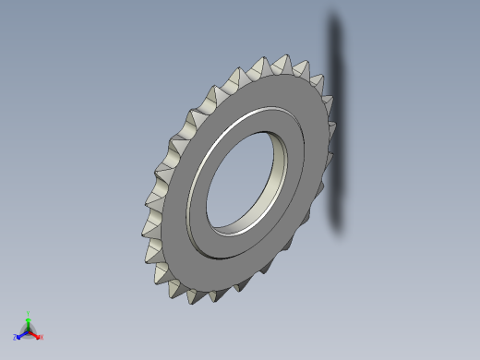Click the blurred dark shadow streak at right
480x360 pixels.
(336, 120)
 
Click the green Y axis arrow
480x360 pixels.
(28, 320)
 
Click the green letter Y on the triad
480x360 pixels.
(29, 314)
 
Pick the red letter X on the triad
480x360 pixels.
(41, 337)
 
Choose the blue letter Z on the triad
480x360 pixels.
(16, 337)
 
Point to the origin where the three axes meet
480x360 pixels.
(28, 330)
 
